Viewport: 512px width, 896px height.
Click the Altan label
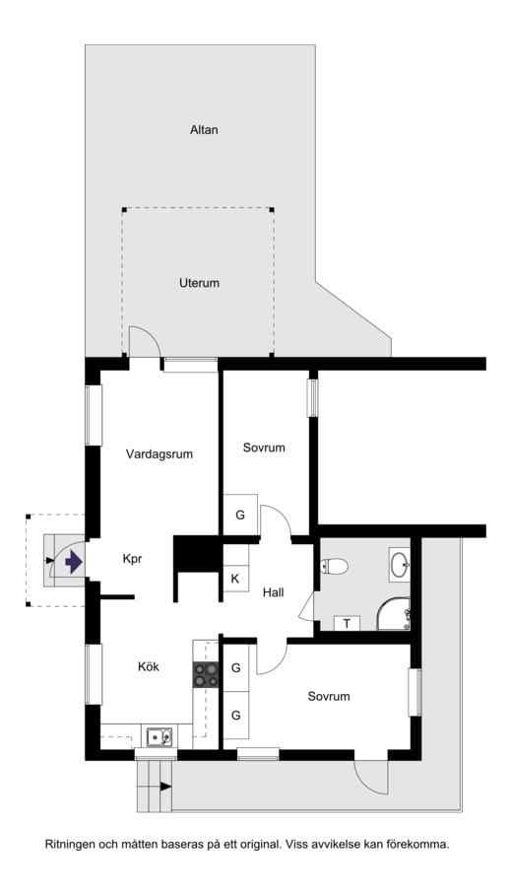click(x=204, y=129)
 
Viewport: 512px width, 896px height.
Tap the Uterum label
click(x=199, y=283)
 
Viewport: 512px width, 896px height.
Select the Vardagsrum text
click(x=159, y=454)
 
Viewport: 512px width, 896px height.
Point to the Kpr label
click(x=133, y=559)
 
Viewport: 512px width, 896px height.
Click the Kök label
click(x=149, y=666)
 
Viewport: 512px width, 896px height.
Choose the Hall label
click(x=273, y=592)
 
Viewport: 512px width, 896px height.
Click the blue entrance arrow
click(x=72, y=562)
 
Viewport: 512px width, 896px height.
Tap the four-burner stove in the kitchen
click(x=206, y=675)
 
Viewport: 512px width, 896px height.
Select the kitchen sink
click(x=159, y=735)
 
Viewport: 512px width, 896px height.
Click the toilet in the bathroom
click(x=333, y=566)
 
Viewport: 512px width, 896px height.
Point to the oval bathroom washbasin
click(x=400, y=564)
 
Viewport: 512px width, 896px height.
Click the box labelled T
click(x=347, y=623)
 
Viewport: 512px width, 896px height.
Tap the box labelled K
click(x=235, y=579)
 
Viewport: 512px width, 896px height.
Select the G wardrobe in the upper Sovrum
click(x=239, y=515)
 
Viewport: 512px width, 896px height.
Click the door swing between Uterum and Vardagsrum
click(x=143, y=343)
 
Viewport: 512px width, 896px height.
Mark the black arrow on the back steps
click(x=164, y=786)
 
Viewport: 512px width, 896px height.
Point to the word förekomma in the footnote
click(x=417, y=845)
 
